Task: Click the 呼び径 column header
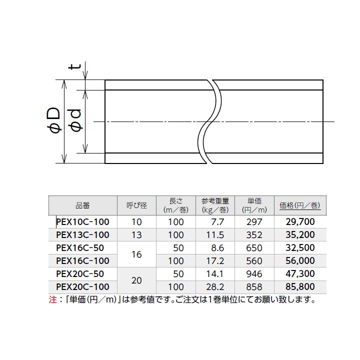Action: pyautogui.click(x=136, y=205)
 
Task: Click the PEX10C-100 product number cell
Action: pyautogui.click(x=82, y=221)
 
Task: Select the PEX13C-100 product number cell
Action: pyautogui.click(x=82, y=234)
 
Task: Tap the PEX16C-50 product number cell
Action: pyautogui.click(x=80, y=247)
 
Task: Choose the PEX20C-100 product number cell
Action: pyautogui.click(x=82, y=286)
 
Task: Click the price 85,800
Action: pyautogui.click(x=300, y=286)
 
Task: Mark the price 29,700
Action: pyautogui.click(x=300, y=221)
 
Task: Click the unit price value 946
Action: pyautogui.click(x=254, y=273)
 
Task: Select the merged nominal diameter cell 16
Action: pyautogui.click(x=136, y=254)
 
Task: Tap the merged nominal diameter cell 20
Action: pyautogui.click(x=136, y=280)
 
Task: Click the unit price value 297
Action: pyautogui.click(x=254, y=221)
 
